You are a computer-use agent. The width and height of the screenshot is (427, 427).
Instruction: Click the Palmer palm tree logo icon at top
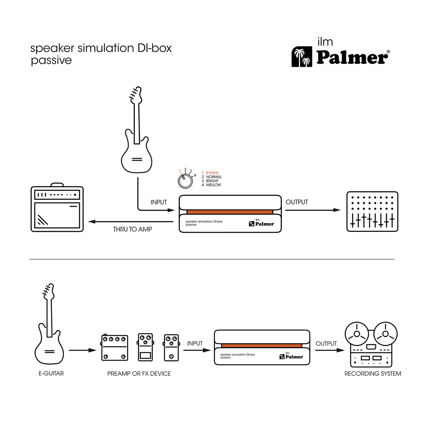tap(302, 57)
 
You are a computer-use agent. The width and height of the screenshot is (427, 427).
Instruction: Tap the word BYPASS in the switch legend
tap(212, 173)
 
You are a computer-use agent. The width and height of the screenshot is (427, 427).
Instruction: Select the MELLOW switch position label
tap(213, 185)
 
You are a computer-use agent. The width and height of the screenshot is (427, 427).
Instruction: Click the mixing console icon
tap(372, 211)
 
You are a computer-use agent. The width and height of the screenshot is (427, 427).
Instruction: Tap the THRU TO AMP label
tap(132, 229)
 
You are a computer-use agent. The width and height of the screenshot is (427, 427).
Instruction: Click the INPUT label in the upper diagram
tap(159, 202)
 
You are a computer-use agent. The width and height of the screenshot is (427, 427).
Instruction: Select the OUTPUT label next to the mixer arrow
tap(297, 202)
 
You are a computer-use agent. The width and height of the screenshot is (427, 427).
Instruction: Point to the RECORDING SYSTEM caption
tap(372, 374)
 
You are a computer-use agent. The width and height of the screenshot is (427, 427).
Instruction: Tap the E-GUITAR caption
tap(51, 374)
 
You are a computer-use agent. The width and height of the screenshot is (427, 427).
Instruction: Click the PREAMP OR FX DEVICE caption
tap(139, 374)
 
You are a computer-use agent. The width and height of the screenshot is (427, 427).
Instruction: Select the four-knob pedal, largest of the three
tap(115, 348)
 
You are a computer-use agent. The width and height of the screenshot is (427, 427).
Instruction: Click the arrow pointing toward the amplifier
tap(92, 222)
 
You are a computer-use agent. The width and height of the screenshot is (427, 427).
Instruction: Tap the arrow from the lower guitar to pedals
tap(82, 350)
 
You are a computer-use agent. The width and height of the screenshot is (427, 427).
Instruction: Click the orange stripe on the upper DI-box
tap(230, 212)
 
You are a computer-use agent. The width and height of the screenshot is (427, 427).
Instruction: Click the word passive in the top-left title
tap(51, 60)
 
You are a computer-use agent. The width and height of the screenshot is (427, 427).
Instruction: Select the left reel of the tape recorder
tap(357, 333)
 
